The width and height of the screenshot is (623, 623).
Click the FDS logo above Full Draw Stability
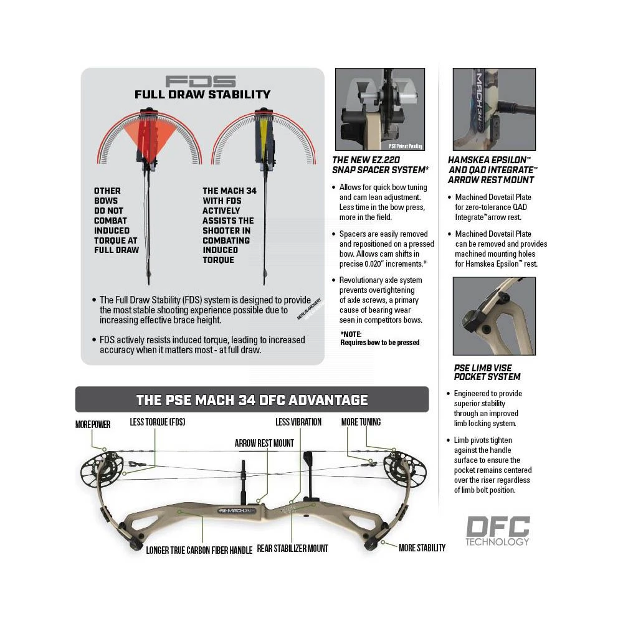(201, 82)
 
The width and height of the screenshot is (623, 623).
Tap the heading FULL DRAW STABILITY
(202, 95)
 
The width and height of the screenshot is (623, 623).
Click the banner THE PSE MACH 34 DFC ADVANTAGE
(252, 400)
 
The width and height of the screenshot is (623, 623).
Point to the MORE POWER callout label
(93, 424)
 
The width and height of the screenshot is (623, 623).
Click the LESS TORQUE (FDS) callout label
(157, 422)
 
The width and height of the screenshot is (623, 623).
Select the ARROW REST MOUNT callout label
(264, 443)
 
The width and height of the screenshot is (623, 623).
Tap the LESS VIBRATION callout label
(298, 422)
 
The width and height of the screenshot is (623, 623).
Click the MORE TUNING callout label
(361, 422)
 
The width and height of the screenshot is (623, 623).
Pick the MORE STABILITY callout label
(422, 548)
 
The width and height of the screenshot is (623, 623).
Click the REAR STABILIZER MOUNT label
(292, 548)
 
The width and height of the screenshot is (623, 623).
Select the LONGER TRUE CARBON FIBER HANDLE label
(199, 550)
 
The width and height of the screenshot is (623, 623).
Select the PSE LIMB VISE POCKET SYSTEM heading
(487, 373)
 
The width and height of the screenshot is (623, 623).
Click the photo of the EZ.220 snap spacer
(379, 109)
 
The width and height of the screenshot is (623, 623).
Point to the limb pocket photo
(493, 315)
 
